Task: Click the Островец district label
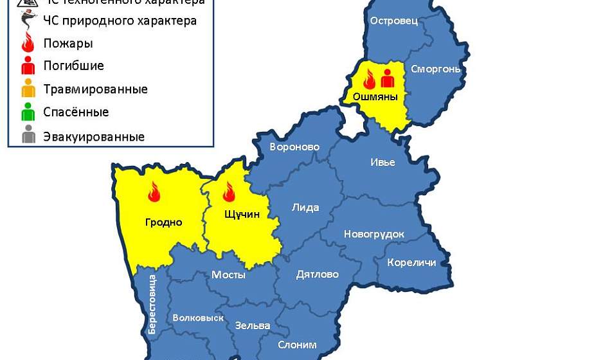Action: click(394, 21)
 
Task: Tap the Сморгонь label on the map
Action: click(435, 69)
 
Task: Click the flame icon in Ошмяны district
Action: click(370, 79)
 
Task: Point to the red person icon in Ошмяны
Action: click(387, 78)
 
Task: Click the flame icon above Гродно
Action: click(154, 191)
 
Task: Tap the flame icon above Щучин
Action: click(228, 192)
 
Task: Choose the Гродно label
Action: click(163, 222)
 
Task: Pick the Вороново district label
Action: click(294, 147)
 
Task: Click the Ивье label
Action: click(382, 162)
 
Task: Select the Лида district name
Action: click(305, 208)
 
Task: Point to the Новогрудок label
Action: click(374, 234)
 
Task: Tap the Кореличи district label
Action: click(411, 262)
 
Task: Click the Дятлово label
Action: click(317, 274)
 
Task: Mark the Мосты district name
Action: click(228, 274)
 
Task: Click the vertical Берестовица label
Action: click(152, 304)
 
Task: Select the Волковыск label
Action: click(198, 318)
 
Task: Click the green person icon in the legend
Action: click(28, 112)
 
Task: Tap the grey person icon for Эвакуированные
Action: click(28, 136)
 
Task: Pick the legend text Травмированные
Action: click(95, 89)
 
